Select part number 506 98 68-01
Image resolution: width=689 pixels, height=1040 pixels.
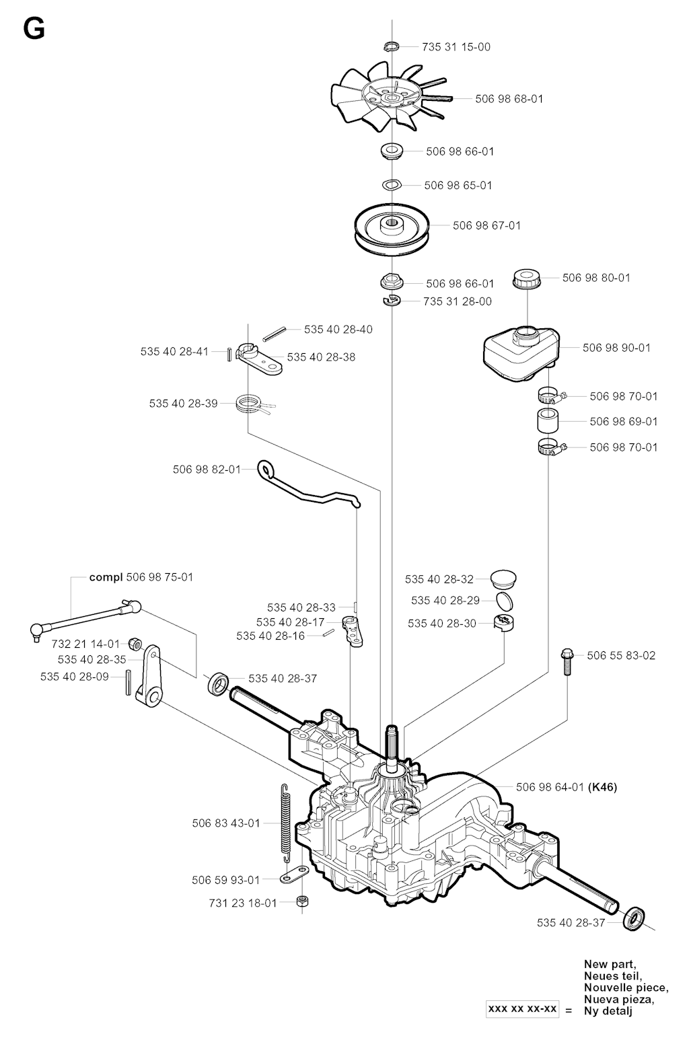[x=509, y=99]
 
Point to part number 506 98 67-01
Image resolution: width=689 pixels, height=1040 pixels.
[x=486, y=225]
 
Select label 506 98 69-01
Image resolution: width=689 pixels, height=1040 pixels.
[x=623, y=422]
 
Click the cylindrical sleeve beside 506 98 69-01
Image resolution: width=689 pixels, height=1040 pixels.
[x=550, y=422]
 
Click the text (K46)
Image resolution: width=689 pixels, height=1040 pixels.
[x=602, y=786]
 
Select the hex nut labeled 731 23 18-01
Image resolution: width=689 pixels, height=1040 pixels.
[x=302, y=902]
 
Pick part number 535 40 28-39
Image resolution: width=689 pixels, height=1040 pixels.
[x=183, y=404]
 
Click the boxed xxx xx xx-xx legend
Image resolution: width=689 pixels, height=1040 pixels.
[x=523, y=1010]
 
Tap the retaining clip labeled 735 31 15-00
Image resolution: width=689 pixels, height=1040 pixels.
[x=391, y=46]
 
